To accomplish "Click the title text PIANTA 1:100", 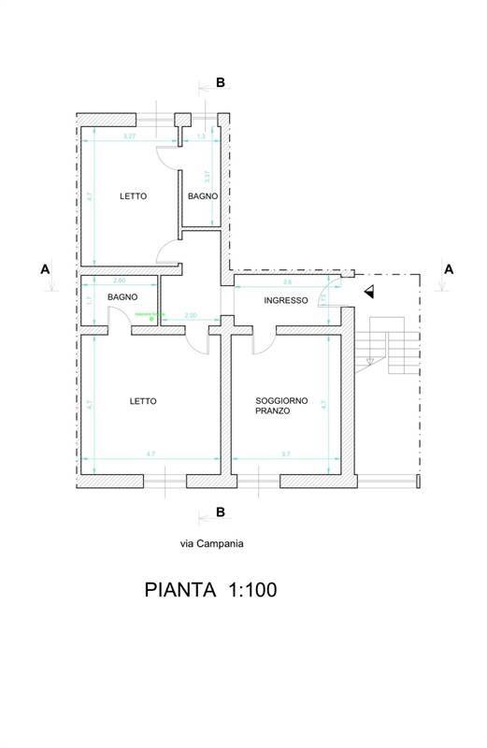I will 210,590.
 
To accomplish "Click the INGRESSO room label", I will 285,300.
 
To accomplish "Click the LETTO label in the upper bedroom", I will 133,196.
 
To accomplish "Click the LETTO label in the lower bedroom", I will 143,401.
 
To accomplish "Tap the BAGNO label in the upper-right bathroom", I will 203,196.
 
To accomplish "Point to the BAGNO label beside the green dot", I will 122,296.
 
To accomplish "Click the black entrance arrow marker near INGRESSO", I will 370,292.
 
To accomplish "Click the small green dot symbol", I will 138,319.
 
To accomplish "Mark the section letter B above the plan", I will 221,83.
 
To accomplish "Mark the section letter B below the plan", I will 221,511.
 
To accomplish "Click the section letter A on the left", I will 44,268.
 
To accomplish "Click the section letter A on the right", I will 449,268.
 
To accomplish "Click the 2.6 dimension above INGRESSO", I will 286,280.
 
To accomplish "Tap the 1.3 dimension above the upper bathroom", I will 201,137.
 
